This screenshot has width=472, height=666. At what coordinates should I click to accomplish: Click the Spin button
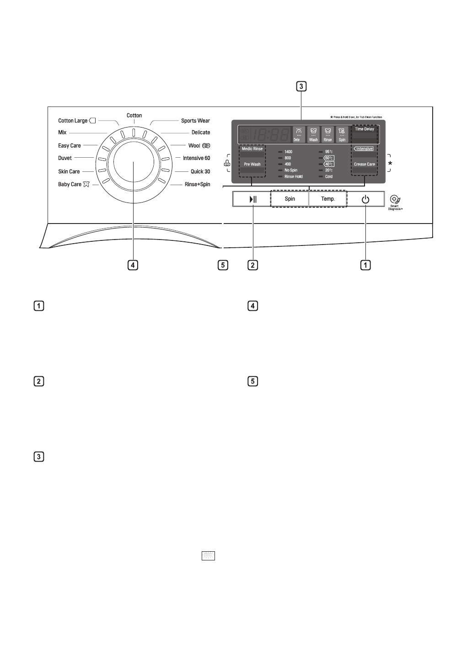click(x=290, y=199)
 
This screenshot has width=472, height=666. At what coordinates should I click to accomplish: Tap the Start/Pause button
click(x=252, y=199)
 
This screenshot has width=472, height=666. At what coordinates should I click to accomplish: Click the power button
click(x=365, y=199)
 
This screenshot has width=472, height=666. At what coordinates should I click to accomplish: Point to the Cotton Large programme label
click(x=73, y=121)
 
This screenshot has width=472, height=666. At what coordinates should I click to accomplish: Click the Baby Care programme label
click(x=70, y=184)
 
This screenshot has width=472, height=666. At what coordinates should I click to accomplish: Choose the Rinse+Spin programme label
click(x=197, y=184)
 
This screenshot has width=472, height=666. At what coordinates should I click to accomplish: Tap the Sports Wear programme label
click(x=195, y=121)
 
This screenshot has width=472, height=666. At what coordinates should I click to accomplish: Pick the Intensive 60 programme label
click(x=196, y=158)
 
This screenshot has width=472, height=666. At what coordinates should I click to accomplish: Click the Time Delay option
click(x=365, y=129)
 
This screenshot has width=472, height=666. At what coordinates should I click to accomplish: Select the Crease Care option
click(x=365, y=164)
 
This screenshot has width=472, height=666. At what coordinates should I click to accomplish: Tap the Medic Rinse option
click(x=252, y=149)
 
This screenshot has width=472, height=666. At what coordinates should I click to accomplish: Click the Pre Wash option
click(x=252, y=164)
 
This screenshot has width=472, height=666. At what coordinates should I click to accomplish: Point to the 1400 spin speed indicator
click(x=288, y=152)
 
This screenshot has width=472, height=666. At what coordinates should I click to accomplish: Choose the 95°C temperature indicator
click(x=328, y=152)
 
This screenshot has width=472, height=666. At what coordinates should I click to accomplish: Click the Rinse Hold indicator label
click(x=293, y=176)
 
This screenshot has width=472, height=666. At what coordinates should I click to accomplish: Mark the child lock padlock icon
click(x=226, y=163)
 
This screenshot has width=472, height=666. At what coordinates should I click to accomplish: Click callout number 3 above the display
click(x=301, y=86)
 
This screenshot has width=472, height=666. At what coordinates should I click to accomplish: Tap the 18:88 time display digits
click(x=272, y=134)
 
